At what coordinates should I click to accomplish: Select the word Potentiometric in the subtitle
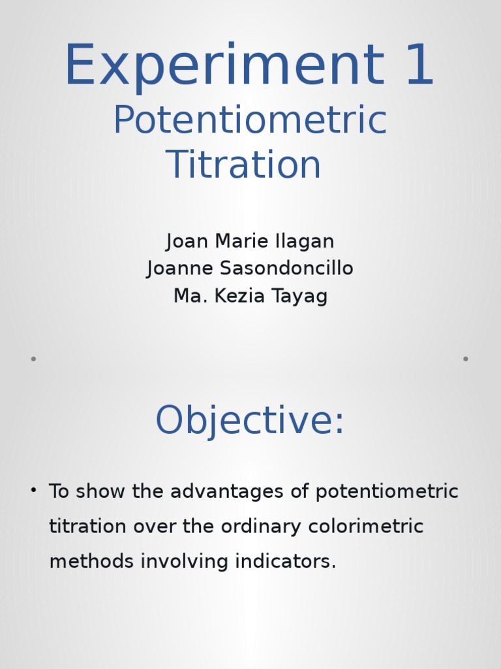point(250,121)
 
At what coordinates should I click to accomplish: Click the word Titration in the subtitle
point(243,164)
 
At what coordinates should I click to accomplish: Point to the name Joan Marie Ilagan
point(250,241)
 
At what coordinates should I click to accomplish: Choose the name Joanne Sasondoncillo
point(250,269)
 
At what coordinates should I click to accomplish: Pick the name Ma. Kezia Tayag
point(250,296)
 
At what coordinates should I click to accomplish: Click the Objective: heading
point(249,420)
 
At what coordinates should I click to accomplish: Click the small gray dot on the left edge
point(33,359)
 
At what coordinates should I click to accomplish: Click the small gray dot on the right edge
point(465,359)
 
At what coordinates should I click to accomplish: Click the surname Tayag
point(301,297)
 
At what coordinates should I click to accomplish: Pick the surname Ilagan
point(307,241)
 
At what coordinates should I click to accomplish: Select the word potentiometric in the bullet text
point(387,492)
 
